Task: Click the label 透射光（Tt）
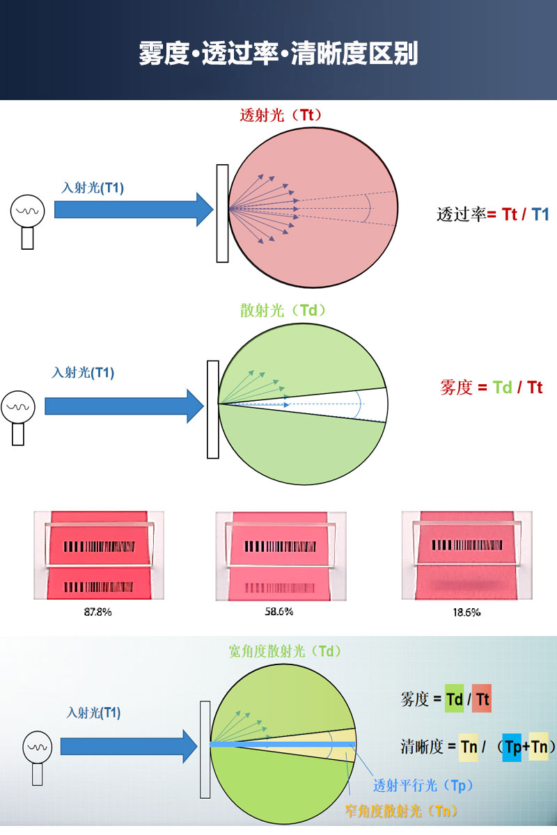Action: [281, 116]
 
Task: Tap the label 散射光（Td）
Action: [283, 311]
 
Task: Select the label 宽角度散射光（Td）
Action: [285, 651]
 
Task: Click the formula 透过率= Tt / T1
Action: [492, 214]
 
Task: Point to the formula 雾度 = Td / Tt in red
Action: [491, 388]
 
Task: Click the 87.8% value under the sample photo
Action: [98, 612]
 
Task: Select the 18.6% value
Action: [466, 613]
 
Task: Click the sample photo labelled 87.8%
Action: [99, 555]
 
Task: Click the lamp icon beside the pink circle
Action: [28, 218]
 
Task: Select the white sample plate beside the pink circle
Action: [222, 213]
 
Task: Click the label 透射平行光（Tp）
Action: [423, 786]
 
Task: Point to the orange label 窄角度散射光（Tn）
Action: [402, 811]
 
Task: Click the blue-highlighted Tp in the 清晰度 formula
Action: [512, 747]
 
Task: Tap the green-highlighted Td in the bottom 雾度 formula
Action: [454, 699]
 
